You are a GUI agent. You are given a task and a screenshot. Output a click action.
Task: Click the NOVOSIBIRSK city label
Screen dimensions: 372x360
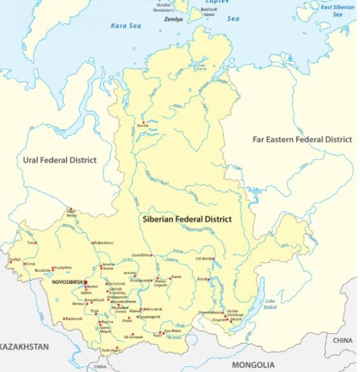[67, 283]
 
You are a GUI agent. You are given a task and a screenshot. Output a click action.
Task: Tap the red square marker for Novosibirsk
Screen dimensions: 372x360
[85, 283]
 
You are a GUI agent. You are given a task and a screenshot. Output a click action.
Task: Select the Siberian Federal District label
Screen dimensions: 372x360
[187, 219]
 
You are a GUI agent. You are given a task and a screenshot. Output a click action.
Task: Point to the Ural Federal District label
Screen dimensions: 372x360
[59, 160]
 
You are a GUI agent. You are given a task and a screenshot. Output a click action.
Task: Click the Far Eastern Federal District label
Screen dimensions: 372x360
[302, 139]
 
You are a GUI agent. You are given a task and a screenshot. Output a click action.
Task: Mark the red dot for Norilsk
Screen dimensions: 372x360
[143, 122]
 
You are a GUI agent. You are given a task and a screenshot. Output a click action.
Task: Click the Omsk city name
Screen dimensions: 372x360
[30, 264]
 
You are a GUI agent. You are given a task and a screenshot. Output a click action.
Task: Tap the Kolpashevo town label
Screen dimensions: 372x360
[104, 243]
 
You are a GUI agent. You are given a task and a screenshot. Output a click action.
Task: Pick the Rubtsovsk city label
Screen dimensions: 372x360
[73, 318]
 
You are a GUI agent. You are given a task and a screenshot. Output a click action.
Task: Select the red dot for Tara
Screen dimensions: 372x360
[36, 243]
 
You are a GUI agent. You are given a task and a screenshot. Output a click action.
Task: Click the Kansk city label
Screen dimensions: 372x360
[176, 277]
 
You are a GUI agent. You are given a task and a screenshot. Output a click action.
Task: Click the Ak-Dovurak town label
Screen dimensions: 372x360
[133, 337]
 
